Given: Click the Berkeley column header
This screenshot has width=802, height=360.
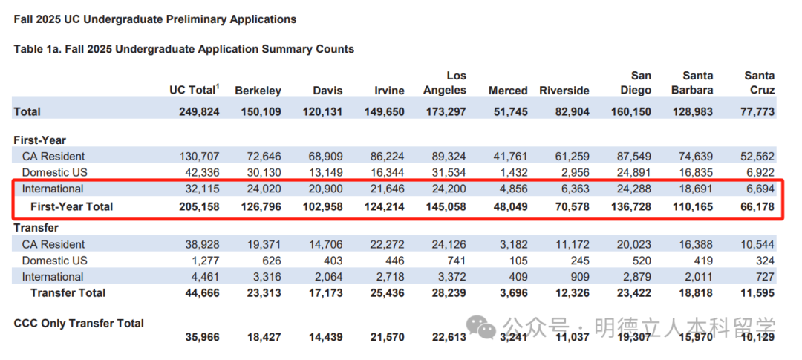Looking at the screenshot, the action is coord(258,91).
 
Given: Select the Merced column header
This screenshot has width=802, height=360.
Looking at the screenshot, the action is coord(508,91).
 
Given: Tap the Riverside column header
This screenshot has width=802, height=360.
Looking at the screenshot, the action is coord(564,91).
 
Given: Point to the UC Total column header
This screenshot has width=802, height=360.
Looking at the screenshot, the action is coord(195,90).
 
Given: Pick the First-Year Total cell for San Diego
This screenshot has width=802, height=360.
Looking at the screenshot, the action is coord(630,207).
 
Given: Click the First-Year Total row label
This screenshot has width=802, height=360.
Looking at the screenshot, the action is coord(71,207).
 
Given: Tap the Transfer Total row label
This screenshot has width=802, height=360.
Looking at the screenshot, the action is coord(68,293).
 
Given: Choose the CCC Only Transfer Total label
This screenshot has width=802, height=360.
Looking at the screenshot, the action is coord(79,323).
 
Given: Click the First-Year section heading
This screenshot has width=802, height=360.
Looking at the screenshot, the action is coord(40,140).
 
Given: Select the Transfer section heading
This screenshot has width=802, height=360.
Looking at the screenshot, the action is coord(36,228).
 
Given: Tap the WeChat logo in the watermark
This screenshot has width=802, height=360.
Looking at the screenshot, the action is coord(483,326).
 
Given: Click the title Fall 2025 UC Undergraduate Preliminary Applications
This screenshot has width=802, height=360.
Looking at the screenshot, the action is coord(155,19).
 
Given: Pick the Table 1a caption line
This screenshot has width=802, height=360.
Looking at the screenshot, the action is coord(184,49).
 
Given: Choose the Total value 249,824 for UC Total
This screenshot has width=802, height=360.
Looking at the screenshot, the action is coord(199,111).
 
